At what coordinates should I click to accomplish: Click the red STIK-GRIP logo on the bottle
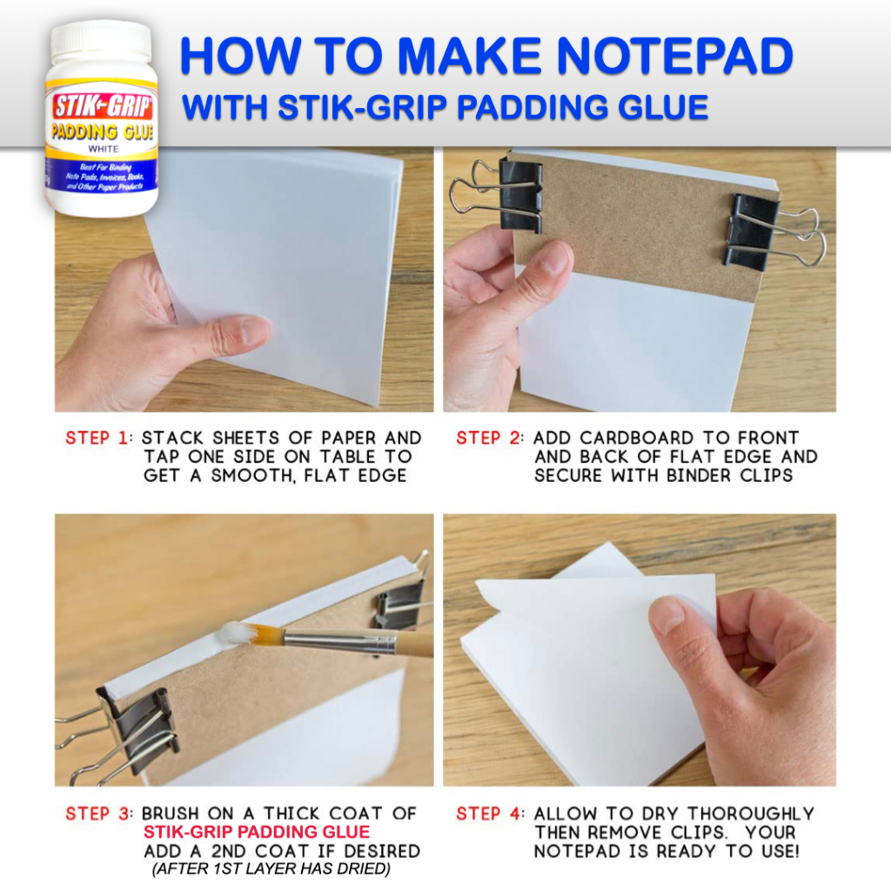pyautogui.click(x=103, y=105)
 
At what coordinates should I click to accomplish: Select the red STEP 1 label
pyautogui.click(x=96, y=438)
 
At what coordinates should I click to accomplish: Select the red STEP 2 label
pyautogui.click(x=486, y=438)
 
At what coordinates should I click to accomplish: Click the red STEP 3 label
pyautogui.click(x=96, y=814)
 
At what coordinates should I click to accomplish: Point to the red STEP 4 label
pyautogui.click(x=486, y=814)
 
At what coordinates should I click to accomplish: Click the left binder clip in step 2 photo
pyautogui.click(x=519, y=195)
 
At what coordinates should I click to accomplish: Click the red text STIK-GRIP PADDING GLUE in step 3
pyautogui.click(x=257, y=833)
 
